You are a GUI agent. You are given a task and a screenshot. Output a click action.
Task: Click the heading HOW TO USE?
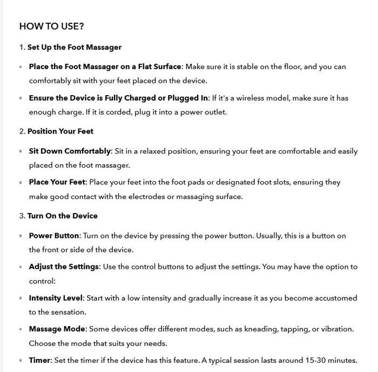[51, 26]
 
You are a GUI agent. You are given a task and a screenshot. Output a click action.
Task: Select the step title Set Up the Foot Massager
[75, 47]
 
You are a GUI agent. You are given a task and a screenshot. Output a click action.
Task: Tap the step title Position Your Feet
[60, 131]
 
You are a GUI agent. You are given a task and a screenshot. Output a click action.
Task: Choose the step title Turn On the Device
[63, 216]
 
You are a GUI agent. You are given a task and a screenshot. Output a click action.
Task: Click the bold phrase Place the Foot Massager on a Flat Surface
[105, 67]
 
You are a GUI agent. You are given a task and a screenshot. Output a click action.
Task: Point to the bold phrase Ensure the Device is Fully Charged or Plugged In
[118, 98]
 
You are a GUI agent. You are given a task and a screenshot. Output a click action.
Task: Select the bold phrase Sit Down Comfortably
[70, 151]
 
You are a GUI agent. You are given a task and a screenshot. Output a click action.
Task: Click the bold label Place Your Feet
[57, 182]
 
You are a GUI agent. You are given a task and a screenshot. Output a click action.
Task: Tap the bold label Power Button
[54, 236]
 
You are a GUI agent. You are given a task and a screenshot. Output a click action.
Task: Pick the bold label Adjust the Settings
[64, 267]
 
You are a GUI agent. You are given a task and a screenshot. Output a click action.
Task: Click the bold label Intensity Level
[56, 298]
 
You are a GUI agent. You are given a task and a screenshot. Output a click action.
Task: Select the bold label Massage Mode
[57, 329]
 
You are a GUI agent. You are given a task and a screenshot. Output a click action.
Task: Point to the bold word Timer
[40, 360]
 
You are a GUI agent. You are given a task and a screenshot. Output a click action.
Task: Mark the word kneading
[276, 329]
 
